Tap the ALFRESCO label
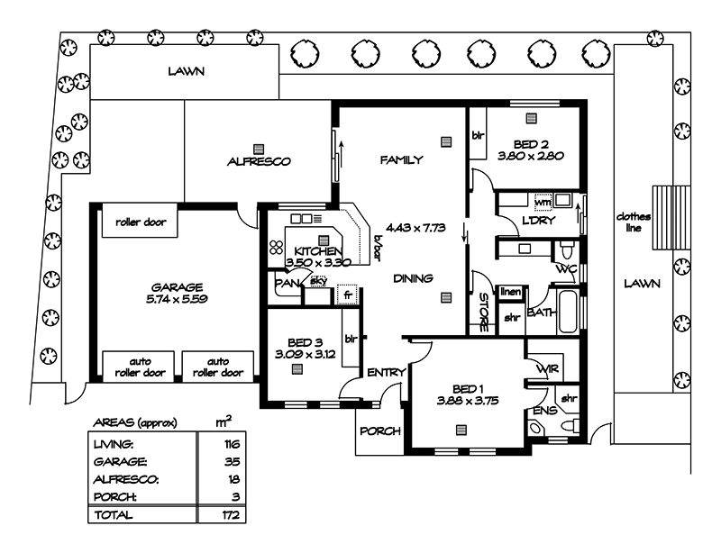point(259,162)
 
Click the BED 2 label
point(531,143)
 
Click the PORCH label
point(379,431)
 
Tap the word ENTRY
point(386,372)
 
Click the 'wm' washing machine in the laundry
point(542,201)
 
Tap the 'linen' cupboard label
point(511,293)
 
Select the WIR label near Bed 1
point(546,368)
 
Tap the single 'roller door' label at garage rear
point(140,222)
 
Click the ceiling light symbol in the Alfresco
point(259,148)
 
